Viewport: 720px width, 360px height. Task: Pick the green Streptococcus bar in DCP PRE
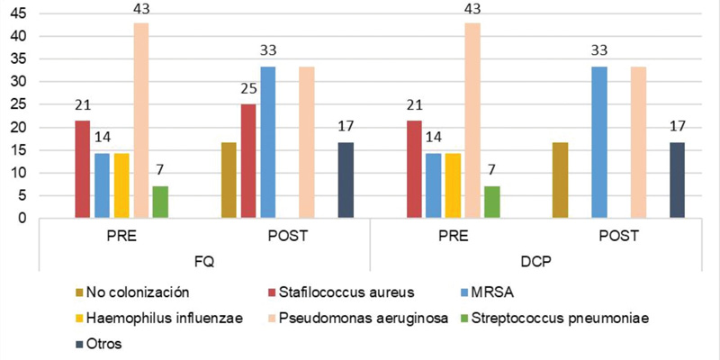(491, 202)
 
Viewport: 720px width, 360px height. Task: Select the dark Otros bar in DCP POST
(678, 180)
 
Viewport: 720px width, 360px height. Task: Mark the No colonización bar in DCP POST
(560, 180)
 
